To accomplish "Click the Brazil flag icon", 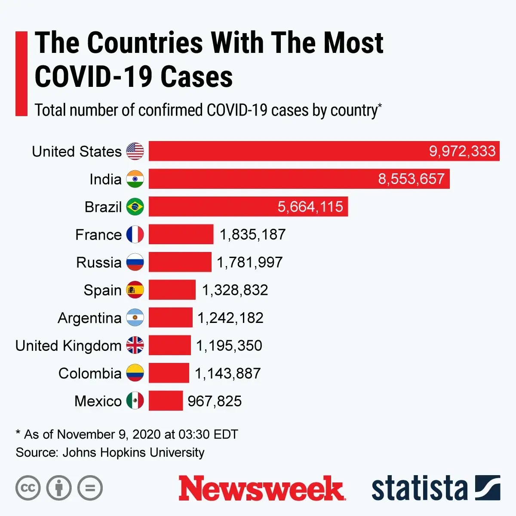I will click(135, 207).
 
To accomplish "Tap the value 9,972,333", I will click(462, 151).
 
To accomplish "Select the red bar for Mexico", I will click(166, 401).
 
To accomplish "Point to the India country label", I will click(105, 179).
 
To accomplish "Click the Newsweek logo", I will click(261, 488).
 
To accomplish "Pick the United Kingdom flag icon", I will click(135, 345).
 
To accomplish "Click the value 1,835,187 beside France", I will click(252, 234).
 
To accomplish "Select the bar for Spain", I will click(172, 290).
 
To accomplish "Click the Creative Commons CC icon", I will click(28, 488).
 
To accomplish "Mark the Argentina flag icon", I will click(135, 318).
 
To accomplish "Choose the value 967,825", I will click(215, 401).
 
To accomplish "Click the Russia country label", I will click(99, 262).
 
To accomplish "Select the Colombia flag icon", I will click(135, 373).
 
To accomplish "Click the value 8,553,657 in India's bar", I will click(411, 179).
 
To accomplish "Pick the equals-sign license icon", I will click(90, 488).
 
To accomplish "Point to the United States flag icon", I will click(135, 151).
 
